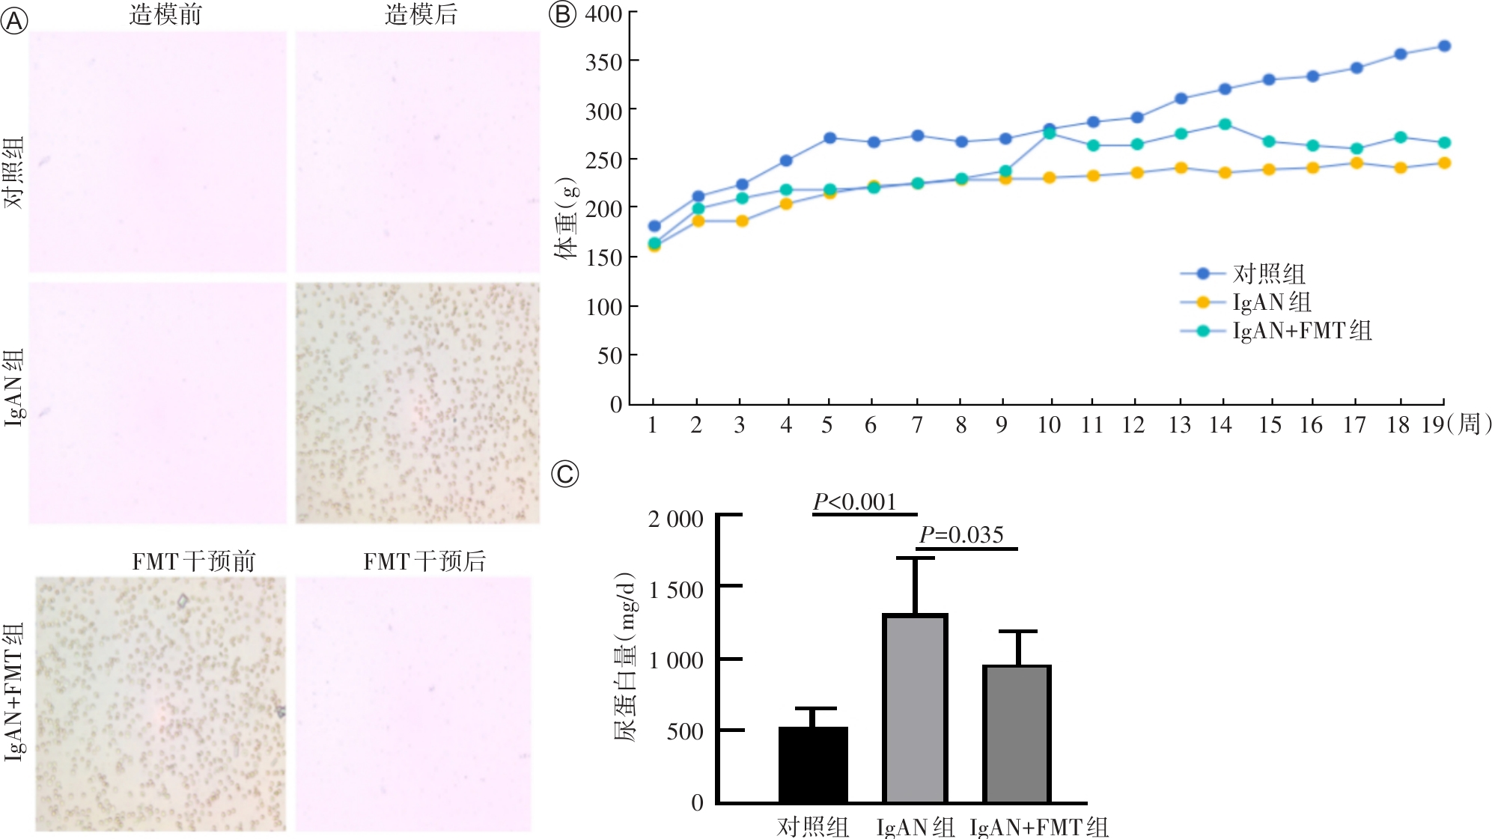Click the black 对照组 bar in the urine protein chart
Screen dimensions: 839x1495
813,764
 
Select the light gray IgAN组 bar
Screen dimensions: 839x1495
915,708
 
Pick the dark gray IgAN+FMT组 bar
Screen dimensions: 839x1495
1017,733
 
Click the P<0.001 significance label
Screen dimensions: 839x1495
855,501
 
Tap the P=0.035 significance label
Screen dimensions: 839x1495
961,534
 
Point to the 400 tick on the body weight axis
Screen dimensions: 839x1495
603,13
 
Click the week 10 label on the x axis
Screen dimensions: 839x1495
1049,425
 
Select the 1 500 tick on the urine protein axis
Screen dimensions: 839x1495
676,590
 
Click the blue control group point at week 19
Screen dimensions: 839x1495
1444,46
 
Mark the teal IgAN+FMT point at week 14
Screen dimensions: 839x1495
1225,124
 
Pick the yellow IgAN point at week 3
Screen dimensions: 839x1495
742,221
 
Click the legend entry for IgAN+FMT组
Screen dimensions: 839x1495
1303,331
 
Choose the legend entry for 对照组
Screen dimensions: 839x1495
1269,274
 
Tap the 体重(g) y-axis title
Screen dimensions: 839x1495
567,218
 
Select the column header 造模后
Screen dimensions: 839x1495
421,14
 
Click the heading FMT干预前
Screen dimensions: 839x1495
194,561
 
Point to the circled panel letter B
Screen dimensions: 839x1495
562,14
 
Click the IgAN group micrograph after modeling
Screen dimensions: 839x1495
418,403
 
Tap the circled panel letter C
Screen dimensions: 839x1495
565,474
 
